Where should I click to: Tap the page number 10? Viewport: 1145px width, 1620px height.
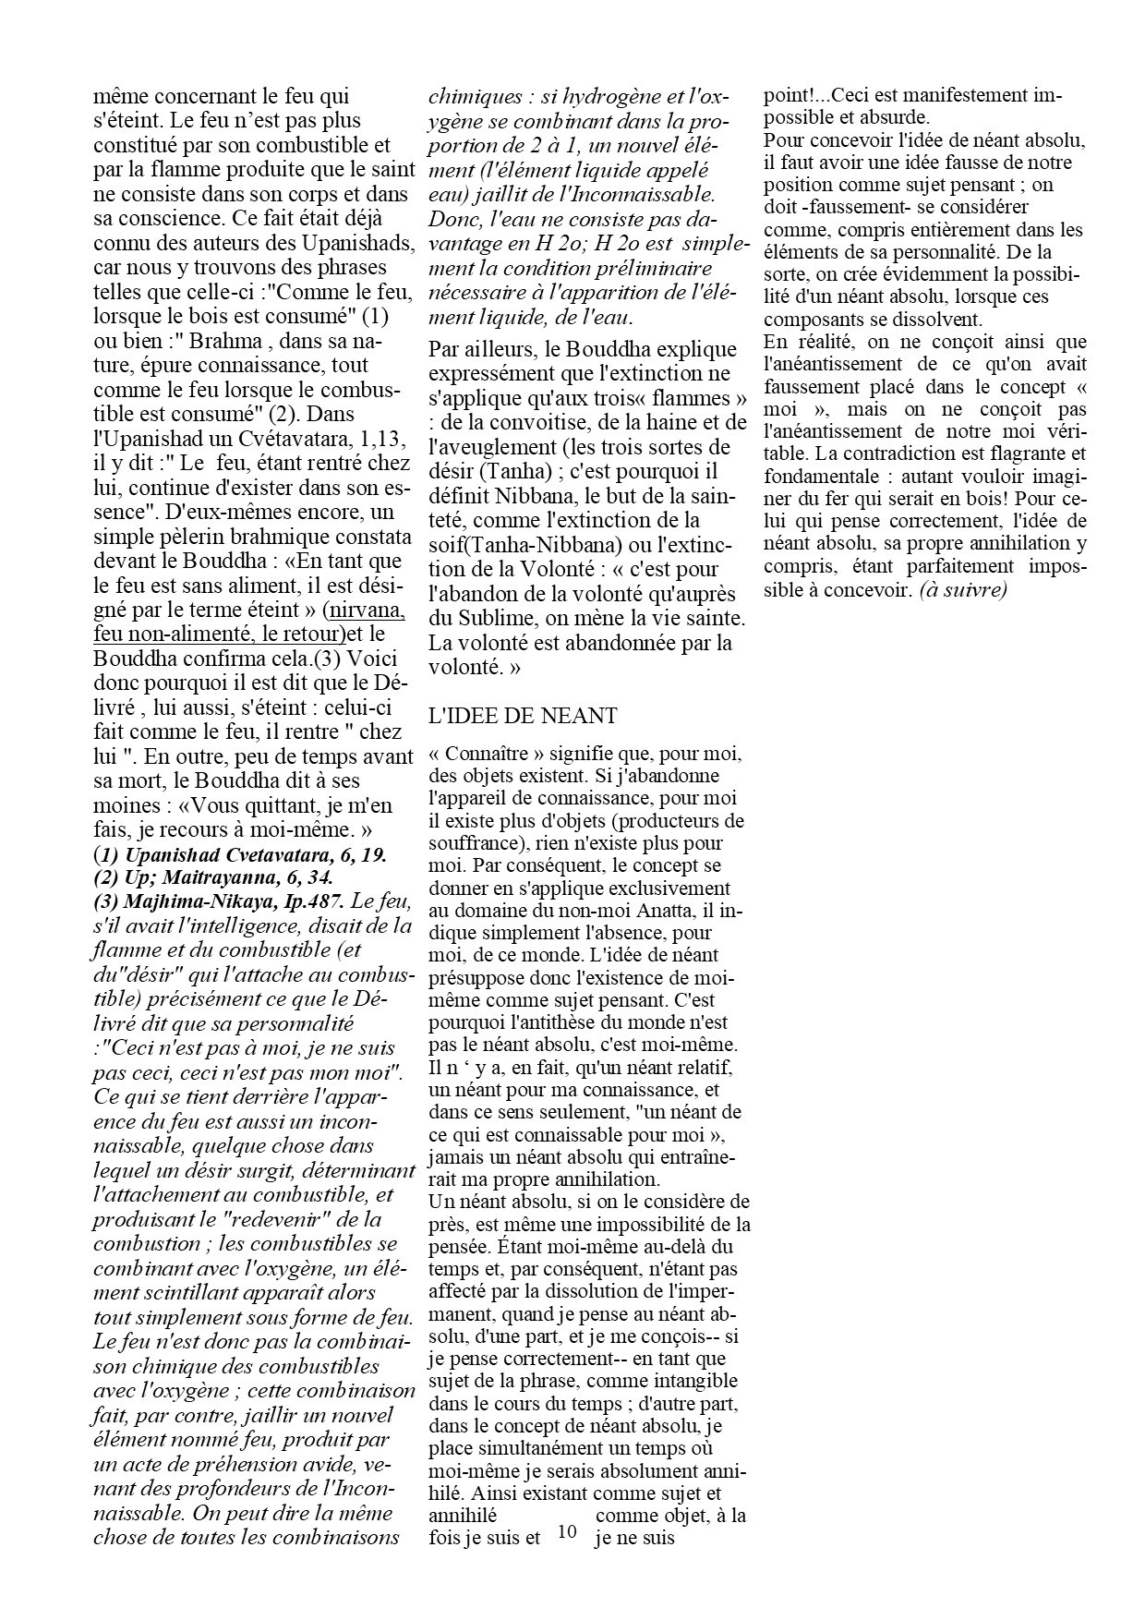[567, 1532]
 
